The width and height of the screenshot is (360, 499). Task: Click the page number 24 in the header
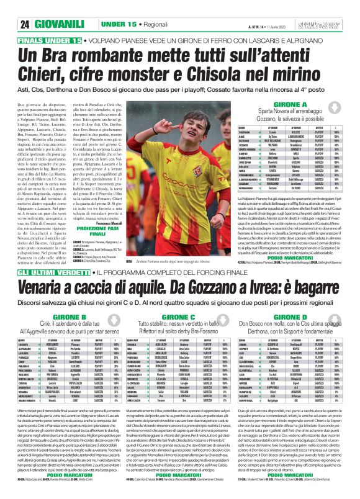[x=25, y=24]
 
